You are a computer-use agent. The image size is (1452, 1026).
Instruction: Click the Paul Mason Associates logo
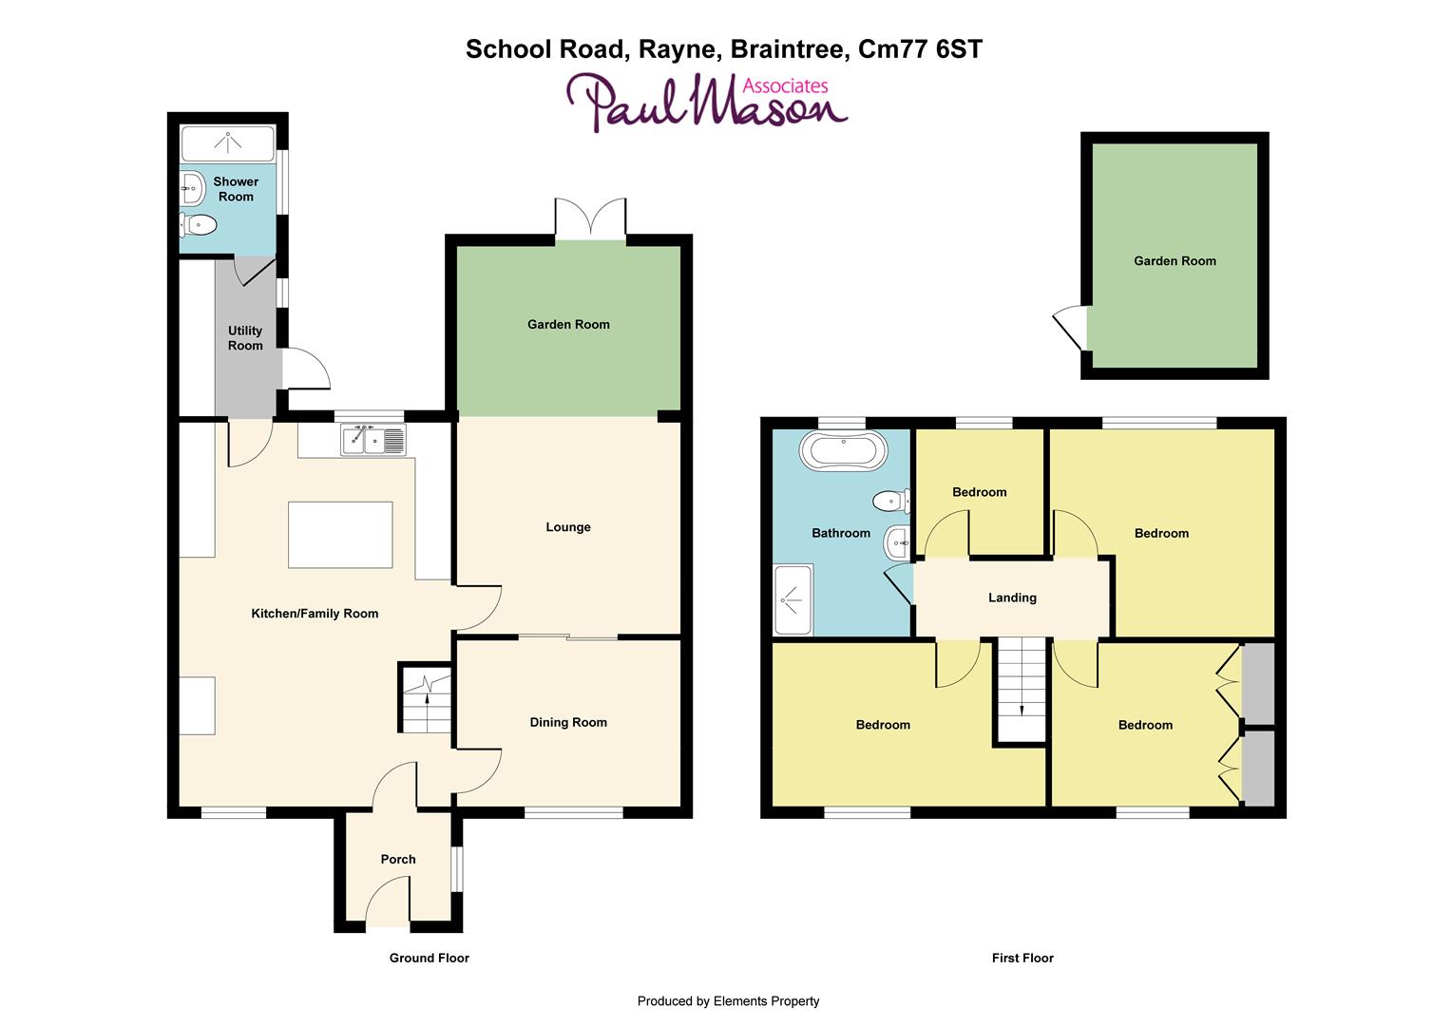706,102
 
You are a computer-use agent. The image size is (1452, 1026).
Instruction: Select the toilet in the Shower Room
200,225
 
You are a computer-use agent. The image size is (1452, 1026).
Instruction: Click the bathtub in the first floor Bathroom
843,450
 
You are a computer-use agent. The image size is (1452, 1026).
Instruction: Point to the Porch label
398,860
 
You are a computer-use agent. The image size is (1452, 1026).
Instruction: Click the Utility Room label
245,338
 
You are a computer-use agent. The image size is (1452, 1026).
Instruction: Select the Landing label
1012,598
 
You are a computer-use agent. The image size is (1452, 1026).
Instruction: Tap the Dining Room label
568,723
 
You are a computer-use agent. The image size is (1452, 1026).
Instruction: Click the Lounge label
568,527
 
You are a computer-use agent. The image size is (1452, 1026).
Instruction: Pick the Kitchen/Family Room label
315,614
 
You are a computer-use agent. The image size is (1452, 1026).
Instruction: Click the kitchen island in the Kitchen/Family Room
340,535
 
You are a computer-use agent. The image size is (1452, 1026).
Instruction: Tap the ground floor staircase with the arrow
425,699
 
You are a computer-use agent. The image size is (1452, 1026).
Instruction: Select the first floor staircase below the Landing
1021,689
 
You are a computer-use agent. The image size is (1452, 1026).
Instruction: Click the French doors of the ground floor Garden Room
591,218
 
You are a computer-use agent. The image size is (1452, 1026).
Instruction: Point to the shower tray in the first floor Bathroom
793,599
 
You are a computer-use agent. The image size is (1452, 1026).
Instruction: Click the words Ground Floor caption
430,959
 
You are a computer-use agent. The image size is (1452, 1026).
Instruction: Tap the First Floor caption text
1022,959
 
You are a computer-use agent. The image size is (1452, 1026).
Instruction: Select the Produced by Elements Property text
728,1001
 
